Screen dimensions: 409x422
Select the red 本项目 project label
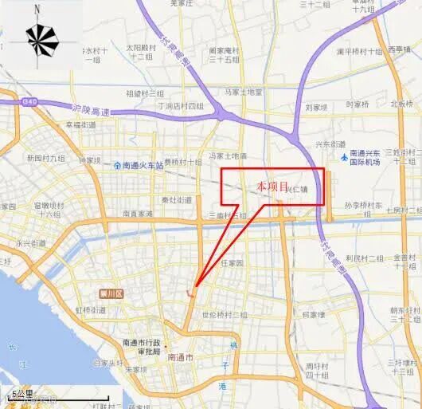click(271, 185)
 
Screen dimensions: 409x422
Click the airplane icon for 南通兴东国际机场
click(344, 157)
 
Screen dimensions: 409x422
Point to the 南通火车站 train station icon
click(116, 166)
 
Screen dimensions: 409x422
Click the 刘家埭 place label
click(316, 105)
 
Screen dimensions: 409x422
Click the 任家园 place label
click(235, 262)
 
